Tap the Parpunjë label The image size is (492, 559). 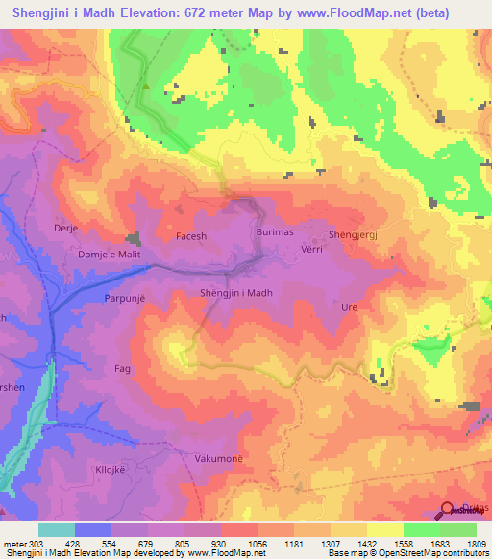tap(124, 299)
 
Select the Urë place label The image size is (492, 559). tap(349, 307)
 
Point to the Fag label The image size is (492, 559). tap(122, 368)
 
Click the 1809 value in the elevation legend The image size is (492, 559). tap(477, 545)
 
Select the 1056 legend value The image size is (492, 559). tap(258, 545)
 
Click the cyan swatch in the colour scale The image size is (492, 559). tap(57, 529)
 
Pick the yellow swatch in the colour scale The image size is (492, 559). tap(385, 529)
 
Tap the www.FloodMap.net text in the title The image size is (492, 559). tap(345, 14)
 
